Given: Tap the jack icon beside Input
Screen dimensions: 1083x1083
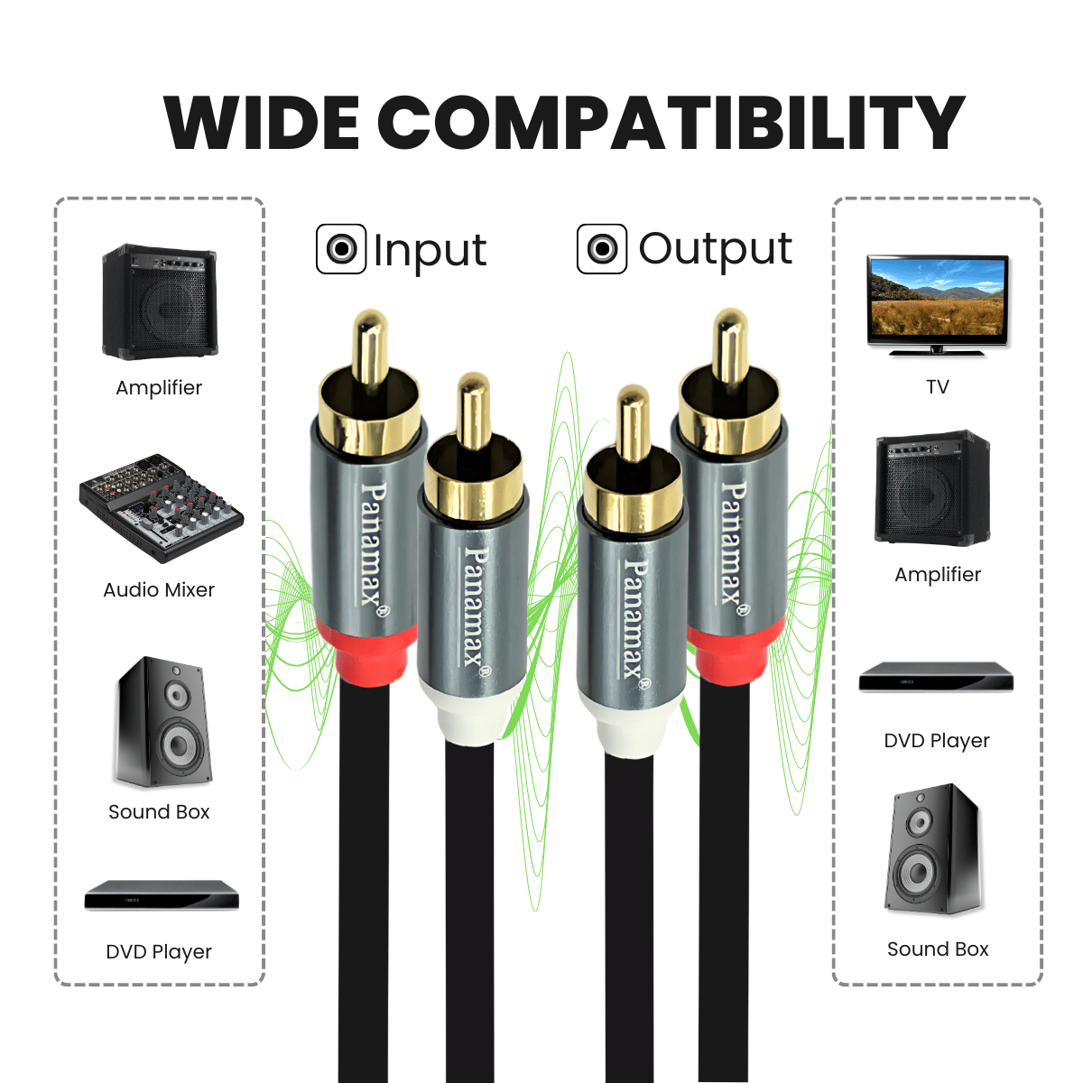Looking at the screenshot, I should tap(341, 249).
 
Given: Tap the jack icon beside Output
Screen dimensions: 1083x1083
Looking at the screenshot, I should tap(601, 248).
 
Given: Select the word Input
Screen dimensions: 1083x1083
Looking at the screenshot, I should tap(430, 250).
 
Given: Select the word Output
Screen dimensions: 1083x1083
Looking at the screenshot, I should tap(715, 248).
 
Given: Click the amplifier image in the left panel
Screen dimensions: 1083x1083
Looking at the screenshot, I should tap(159, 302).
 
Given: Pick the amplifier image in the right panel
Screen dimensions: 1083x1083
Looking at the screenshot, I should tap(932, 487).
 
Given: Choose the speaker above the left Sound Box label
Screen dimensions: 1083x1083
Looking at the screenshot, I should tap(162, 722).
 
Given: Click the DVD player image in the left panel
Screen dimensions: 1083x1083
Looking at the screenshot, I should tap(162, 894).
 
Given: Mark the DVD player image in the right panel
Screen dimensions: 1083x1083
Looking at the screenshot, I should tap(936, 677).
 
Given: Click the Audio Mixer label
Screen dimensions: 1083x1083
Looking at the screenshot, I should tap(159, 589).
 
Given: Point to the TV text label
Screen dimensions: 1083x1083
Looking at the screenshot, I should tap(938, 387).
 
